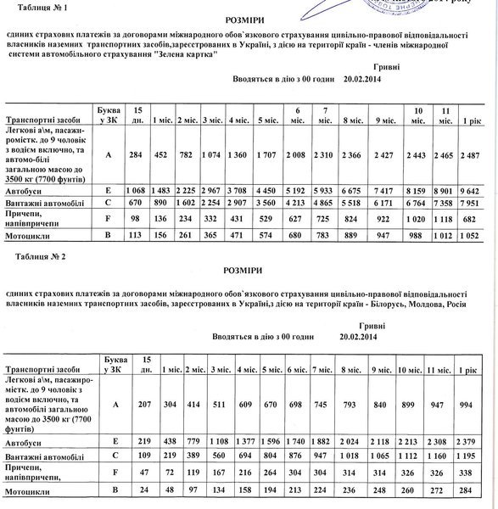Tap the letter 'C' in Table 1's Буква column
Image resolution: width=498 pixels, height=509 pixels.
(x=109, y=204)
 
